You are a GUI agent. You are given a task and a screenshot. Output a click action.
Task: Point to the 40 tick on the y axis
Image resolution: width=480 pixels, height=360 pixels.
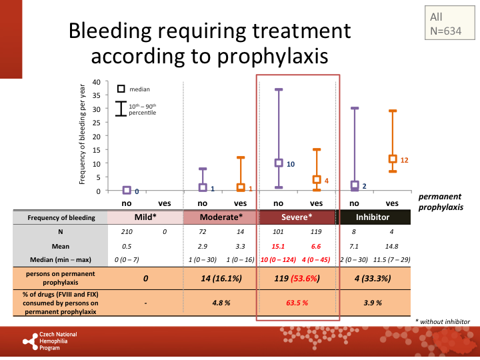pos(97,82)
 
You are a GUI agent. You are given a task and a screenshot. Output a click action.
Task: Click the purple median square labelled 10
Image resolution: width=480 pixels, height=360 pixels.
pos(279,163)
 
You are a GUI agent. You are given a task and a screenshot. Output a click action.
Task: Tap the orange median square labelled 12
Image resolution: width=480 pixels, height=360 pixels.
pos(393,159)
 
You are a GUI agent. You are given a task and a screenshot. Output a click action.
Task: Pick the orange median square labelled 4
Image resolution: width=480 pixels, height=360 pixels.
pos(317,180)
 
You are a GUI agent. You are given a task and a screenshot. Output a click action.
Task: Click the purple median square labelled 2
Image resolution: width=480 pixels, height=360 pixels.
pos(355,185)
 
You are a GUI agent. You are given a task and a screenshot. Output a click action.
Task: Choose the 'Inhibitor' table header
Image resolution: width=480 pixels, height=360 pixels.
pos(373,217)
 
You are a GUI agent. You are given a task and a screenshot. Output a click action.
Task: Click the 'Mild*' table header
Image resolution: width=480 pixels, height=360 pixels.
pos(146,217)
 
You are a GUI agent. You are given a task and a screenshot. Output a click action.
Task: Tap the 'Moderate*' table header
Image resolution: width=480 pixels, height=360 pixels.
pos(221,217)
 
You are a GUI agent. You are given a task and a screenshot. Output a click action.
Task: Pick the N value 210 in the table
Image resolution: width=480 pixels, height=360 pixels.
pos(127,232)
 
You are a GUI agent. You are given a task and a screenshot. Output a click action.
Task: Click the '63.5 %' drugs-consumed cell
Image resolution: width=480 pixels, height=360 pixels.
pos(297,302)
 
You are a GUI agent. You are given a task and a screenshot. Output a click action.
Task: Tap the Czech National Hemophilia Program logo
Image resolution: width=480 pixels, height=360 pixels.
pos(50,341)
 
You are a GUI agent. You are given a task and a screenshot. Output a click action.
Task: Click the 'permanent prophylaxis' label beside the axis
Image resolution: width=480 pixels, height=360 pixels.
pos(440,203)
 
